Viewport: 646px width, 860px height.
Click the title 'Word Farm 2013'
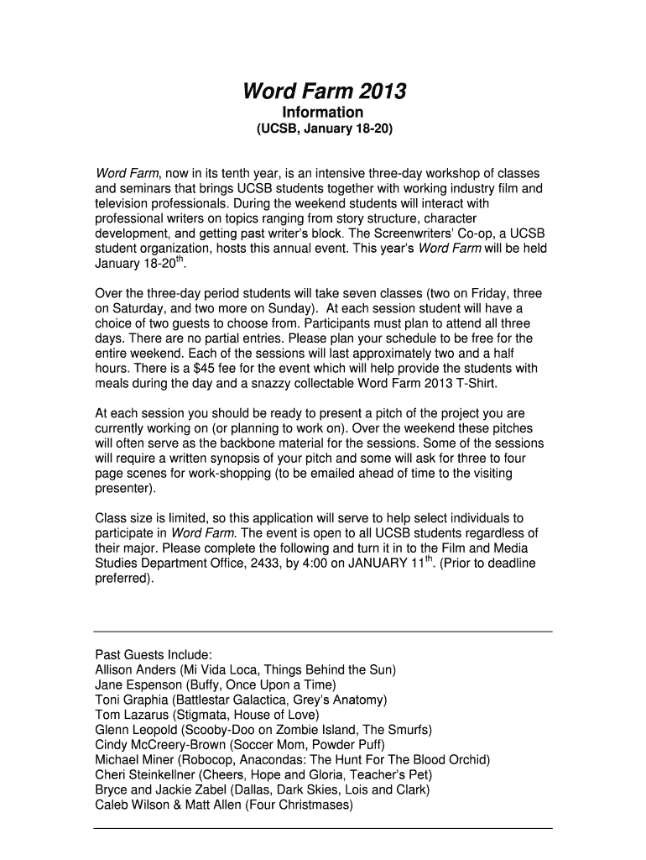click(x=323, y=91)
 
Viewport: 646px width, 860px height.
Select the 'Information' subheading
click(x=323, y=113)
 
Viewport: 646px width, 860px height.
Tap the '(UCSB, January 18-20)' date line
click(x=323, y=130)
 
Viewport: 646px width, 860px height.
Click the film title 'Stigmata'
click(x=195, y=715)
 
